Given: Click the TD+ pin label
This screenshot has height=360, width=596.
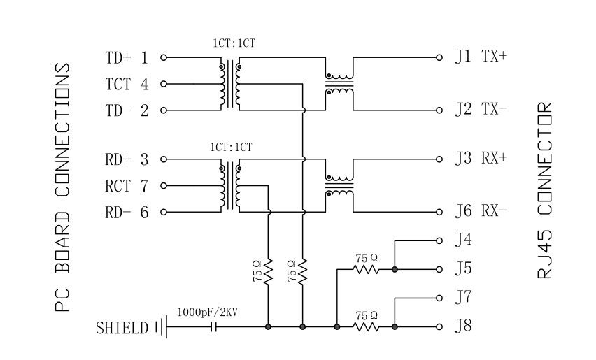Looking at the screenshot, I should (117, 58).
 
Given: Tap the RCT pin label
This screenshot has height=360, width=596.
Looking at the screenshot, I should (118, 186).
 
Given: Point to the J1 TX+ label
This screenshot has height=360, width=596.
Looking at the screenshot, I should (481, 57).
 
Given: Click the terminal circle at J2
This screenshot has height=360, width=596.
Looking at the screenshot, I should (439, 110).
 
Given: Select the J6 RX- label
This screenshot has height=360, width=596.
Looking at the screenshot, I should (481, 211).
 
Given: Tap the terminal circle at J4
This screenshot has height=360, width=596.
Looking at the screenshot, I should (439, 240).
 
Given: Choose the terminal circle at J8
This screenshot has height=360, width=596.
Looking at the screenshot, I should (439, 326).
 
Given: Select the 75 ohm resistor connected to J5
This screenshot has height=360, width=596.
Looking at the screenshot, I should (366, 269).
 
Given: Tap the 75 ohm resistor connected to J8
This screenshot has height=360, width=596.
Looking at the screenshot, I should (366, 326).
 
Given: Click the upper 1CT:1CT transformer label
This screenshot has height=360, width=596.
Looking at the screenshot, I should (234, 43).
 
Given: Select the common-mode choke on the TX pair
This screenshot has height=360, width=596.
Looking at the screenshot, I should (339, 83).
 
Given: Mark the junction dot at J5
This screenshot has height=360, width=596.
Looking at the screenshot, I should (395, 269).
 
